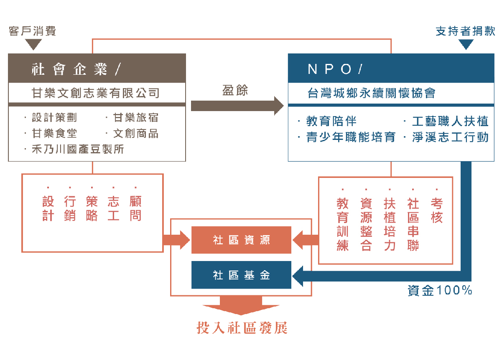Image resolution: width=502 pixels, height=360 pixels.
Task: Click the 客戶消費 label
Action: (x=32, y=31)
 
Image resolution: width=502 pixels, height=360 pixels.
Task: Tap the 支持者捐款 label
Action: (x=465, y=31)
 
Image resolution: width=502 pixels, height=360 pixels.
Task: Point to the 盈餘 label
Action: (x=235, y=91)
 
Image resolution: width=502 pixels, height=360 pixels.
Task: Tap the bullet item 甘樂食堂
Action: (x=54, y=134)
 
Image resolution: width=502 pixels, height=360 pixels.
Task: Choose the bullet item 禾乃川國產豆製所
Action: (x=78, y=149)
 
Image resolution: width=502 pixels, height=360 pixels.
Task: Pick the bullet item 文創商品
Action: (x=136, y=134)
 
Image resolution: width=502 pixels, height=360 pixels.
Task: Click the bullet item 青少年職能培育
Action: (x=351, y=137)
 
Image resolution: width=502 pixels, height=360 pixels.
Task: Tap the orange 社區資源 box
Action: (x=241, y=240)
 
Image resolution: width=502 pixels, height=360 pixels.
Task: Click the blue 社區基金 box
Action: (x=241, y=275)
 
